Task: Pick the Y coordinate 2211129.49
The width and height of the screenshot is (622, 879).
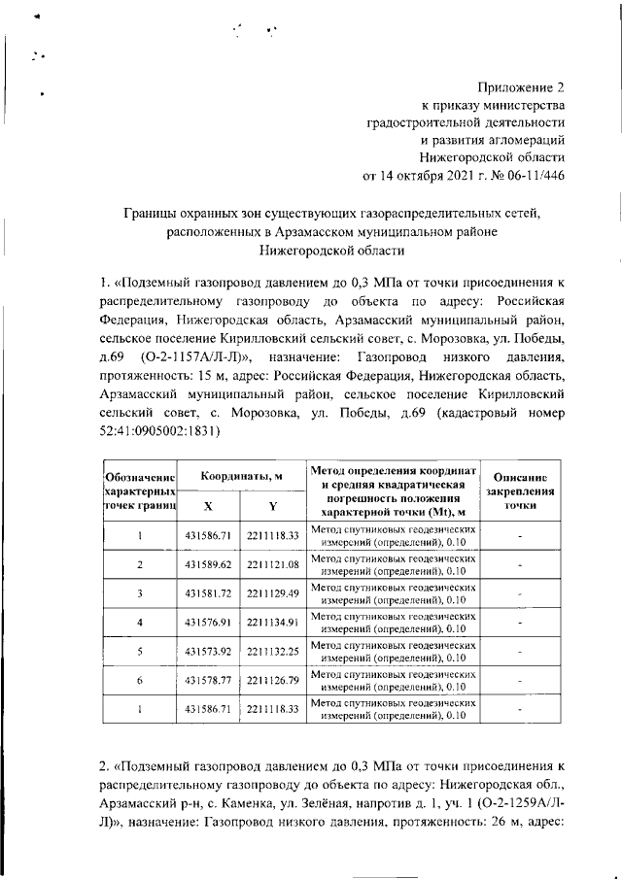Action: tap(272, 592)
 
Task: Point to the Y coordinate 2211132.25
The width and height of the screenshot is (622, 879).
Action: tap(272, 651)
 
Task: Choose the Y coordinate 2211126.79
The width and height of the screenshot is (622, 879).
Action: tap(272, 680)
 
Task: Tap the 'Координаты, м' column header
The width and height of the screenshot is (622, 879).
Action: tap(241, 478)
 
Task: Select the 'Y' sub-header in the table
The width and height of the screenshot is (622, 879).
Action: tap(272, 506)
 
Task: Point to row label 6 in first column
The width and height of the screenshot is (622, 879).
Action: tap(141, 680)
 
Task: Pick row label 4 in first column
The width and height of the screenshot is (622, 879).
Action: tap(141, 622)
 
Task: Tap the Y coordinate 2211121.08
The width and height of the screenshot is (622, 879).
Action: tap(272, 564)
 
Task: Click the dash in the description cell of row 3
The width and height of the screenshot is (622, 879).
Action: tap(521, 593)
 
